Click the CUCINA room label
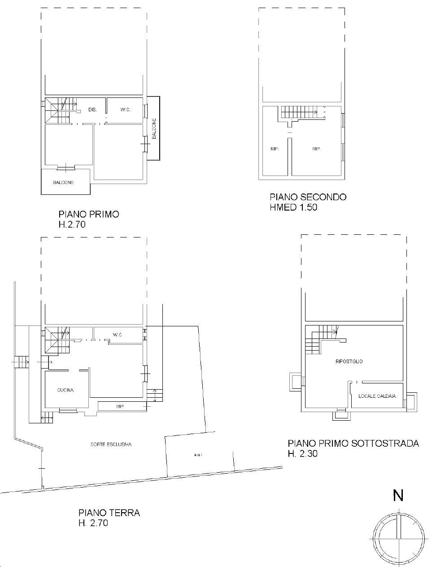(65, 390)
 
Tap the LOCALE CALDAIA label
(377, 396)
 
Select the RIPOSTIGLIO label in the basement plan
(349, 361)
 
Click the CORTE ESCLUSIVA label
(111, 444)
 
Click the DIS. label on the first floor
(92, 110)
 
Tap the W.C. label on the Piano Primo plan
(125, 110)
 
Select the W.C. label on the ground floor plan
(118, 335)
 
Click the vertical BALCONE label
(154, 129)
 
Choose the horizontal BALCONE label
(64, 183)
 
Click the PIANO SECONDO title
(308, 197)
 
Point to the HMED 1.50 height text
(293, 207)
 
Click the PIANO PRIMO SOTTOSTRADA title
(353, 444)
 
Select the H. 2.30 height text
(303, 454)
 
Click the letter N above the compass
(398, 495)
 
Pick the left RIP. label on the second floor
(275, 149)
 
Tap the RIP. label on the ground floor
(120, 407)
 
